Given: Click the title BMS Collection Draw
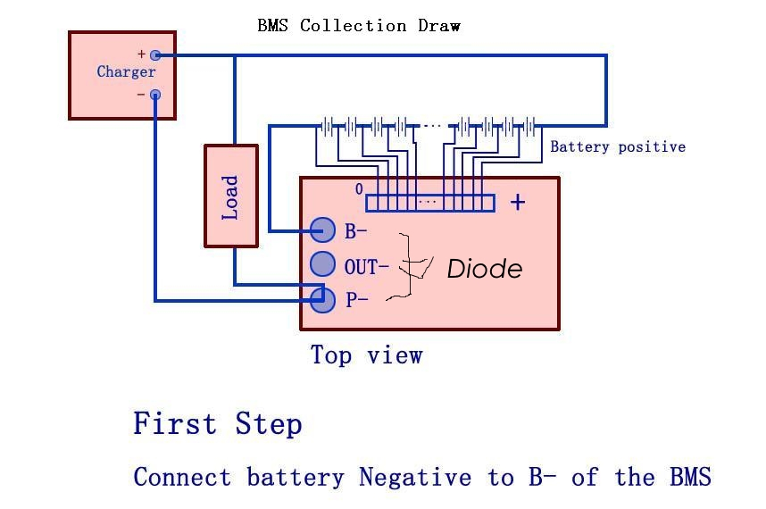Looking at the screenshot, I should coord(359,26).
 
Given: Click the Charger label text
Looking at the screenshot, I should coord(126,72).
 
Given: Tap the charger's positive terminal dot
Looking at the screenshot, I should coord(155,55).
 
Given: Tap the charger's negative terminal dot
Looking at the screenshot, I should coord(155,95).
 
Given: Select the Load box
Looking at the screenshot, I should coord(231,196).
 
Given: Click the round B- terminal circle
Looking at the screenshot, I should coord(323,230).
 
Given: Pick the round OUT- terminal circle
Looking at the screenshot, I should coord(323,264).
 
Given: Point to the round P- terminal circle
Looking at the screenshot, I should coord(323,299).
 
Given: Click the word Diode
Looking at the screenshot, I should coord(484,269).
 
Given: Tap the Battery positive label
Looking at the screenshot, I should coord(618,146).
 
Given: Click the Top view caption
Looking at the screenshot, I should coord(366,355).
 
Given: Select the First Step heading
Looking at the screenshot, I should coord(218,423).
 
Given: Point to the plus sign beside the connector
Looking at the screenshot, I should coord(518,203).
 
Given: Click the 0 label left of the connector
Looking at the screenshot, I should coord(359,189).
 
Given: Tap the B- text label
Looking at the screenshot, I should coord(356,231).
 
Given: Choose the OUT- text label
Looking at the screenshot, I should coord(366,265).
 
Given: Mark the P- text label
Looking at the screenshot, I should coord(357,300).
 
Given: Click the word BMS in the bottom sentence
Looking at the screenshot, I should coord(690,477).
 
